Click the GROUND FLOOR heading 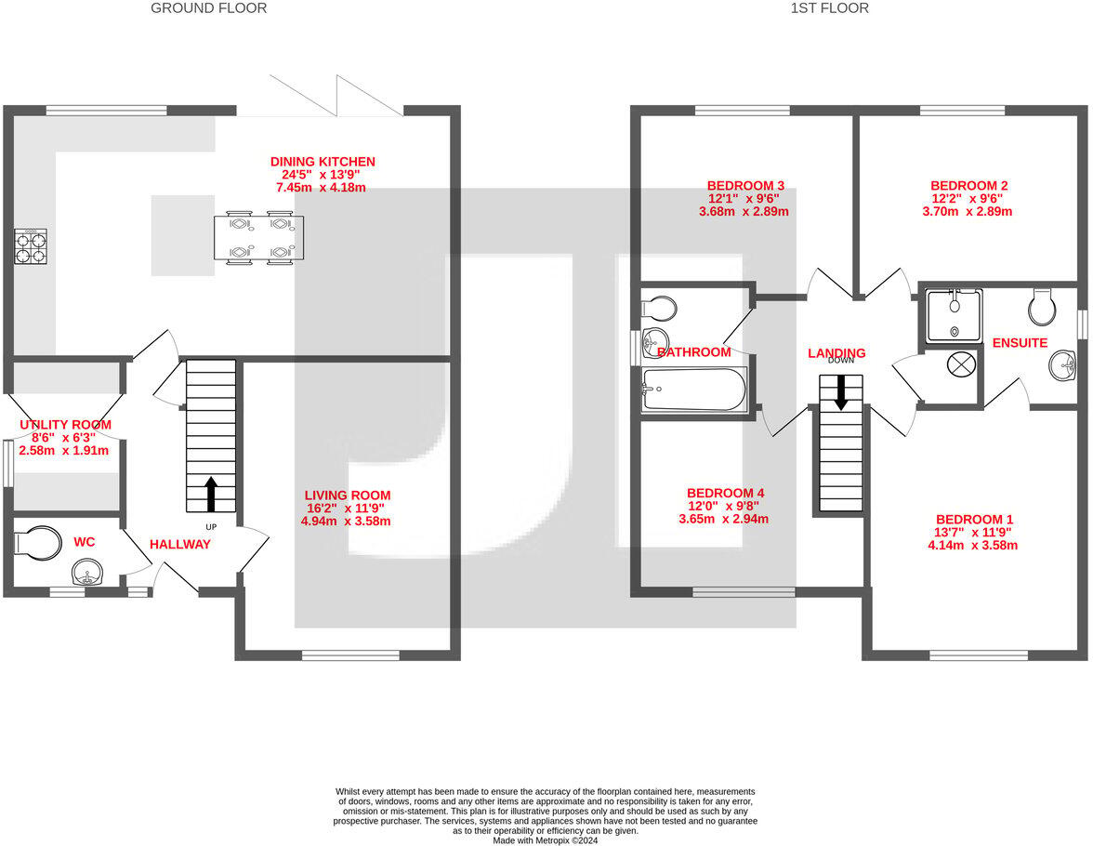[208, 8]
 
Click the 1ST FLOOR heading [829, 8]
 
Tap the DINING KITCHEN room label [323, 162]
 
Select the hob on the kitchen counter [31, 246]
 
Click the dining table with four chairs [258, 238]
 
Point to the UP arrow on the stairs [210, 494]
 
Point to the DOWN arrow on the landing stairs [840, 392]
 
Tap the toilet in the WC [38, 543]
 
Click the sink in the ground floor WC [87, 573]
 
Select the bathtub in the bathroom [694, 390]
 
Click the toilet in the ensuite [1043, 306]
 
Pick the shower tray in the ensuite [955, 316]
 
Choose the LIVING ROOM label [348, 496]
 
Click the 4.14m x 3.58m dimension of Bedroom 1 [972, 545]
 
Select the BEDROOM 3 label [745, 186]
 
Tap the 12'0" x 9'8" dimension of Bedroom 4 [723, 506]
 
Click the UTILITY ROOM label [65, 425]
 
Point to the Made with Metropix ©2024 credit [545, 840]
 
